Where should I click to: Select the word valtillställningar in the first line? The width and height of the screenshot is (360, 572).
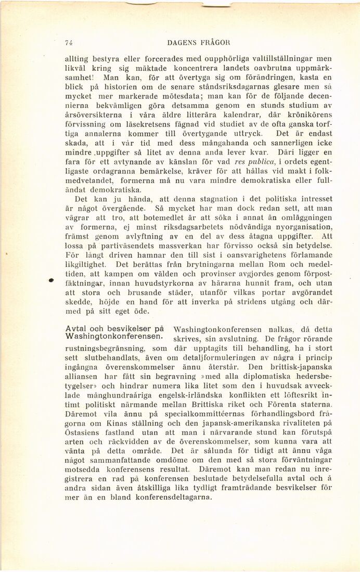[275, 59]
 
